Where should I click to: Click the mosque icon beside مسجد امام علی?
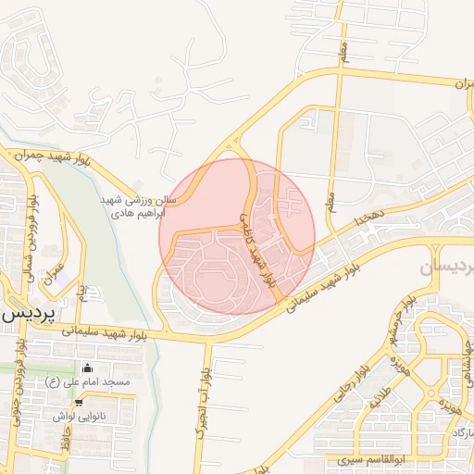coord(88,368)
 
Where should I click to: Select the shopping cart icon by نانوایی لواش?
coord(79,403)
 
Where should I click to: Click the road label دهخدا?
coord(355,219)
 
